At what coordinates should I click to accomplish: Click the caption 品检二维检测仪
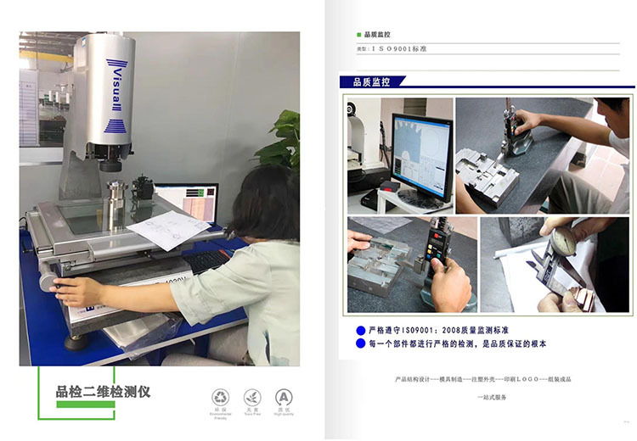tap(103, 391)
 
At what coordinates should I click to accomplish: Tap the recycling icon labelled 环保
tap(220, 398)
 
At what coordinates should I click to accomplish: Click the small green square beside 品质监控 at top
tap(358, 35)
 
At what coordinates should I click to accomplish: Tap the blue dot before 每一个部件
tap(360, 344)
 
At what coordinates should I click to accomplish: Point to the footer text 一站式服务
tap(492, 397)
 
